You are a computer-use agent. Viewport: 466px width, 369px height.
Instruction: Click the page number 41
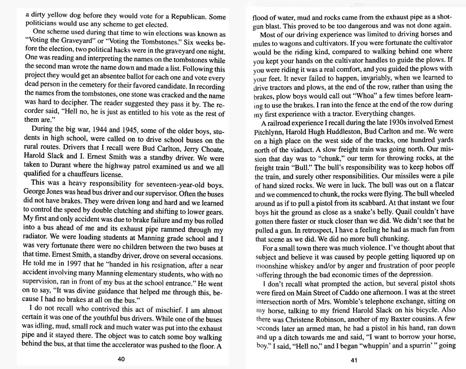(355, 360)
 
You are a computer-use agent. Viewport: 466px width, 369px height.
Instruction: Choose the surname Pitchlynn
(272, 131)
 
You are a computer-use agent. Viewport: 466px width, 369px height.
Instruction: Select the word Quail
(410, 212)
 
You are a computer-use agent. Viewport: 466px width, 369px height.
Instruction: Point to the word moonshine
(272, 265)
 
